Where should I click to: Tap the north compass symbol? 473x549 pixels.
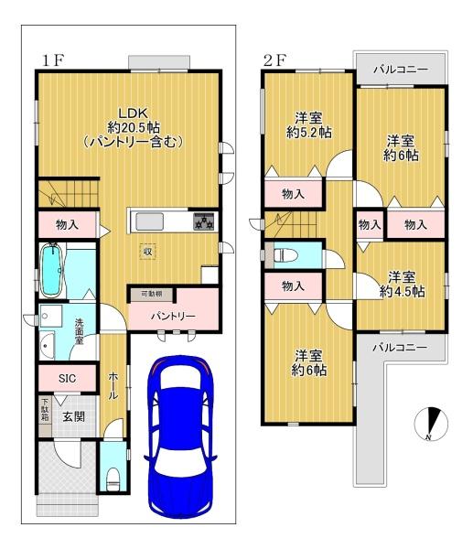[x=431, y=424]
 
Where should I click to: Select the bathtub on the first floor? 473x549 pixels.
[x=52, y=270]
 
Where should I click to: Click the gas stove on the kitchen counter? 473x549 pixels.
[x=204, y=221]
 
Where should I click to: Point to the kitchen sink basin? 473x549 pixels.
[x=149, y=222]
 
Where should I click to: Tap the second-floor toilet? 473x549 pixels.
[x=285, y=255]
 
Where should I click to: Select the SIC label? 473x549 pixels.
[x=67, y=379]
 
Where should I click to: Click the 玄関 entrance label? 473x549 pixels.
[x=74, y=416]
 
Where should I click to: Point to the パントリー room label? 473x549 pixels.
[x=173, y=317]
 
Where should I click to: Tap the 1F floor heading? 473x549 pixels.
[x=52, y=60]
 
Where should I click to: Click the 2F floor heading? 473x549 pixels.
[x=274, y=60]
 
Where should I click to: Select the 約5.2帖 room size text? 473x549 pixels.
[x=309, y=133]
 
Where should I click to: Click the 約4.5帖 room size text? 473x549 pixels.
[x=403, y=291]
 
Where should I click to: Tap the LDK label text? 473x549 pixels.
[x=134, y=113]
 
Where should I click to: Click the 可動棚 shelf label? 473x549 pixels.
[x=151, y=294]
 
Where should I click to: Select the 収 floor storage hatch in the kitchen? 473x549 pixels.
[x=147, y=252]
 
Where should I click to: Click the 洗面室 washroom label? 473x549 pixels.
[x=80, y=331]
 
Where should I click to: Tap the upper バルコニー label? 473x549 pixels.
[x=400, y=70]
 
